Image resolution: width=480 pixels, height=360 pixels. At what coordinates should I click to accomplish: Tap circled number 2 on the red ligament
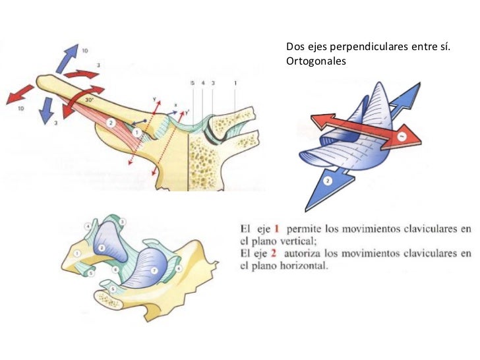point(111,123)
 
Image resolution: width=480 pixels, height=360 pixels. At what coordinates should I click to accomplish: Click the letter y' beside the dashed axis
point(187,111)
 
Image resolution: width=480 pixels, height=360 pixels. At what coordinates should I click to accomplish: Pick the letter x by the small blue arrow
point(175,104)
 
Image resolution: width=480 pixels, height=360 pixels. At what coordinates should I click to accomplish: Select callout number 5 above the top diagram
point(192,83)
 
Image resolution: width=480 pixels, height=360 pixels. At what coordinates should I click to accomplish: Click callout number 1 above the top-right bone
point(235,83)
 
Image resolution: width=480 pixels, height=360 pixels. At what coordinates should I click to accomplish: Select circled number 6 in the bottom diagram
point(115,270)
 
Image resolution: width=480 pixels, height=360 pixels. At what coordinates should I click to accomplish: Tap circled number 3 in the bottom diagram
point(123,222)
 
